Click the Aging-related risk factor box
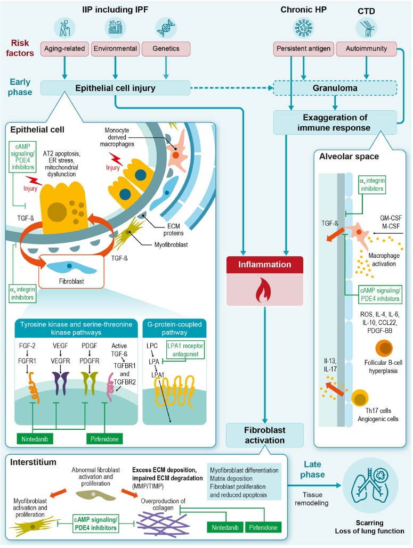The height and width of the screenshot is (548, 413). click(64, 48)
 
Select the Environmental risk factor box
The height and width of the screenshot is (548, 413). click(115, 48)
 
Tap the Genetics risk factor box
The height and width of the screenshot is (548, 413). click(166, 48)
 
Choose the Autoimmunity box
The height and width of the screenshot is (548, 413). click(366, 48)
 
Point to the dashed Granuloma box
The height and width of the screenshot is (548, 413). click(335, 88)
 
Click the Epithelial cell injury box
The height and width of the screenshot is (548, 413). click(116, 88)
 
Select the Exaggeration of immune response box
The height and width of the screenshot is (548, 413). click(335, 122)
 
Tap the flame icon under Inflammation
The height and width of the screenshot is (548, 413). click(265, 292)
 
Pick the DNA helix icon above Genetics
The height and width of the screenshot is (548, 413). click(166, 27)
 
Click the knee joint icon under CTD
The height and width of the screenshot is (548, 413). click(366, 27)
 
